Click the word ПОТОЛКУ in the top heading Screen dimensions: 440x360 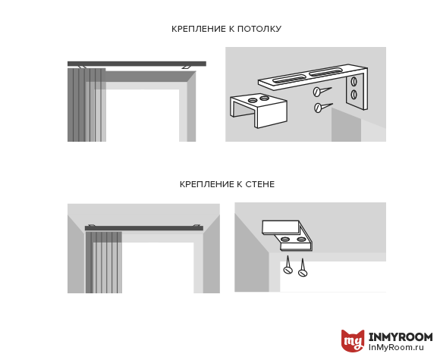(259, 29)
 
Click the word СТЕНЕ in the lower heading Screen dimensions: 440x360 (260, 184)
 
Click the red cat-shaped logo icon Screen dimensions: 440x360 (353, 340)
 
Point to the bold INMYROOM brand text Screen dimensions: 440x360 (401, 337)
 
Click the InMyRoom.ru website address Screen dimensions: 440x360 (396, 347)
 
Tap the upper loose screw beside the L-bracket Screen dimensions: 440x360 (322, 91)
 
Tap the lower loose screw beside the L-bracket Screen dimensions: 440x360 (322, 107)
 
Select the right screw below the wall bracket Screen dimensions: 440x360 (303, 268)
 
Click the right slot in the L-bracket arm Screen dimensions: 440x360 (325, 71)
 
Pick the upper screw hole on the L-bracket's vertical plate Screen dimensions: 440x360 (354, 81)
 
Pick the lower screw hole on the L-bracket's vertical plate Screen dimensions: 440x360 (354, 95)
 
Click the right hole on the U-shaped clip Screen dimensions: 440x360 (264, 98)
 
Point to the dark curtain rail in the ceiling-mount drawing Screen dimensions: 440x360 (137, 64)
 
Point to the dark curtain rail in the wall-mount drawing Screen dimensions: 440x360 (144, 228)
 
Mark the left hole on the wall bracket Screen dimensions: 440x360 (285, 239)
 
